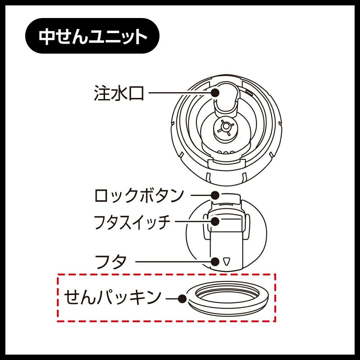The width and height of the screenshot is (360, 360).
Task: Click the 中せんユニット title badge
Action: pyautogui.click(x=92, y=36)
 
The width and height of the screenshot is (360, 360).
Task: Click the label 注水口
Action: pyautogui.click(x=119, y=93)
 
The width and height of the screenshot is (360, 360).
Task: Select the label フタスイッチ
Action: pyautogui.click(x=132, y=222)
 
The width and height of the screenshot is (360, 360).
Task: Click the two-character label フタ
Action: pyautogui.click(x=111, y=262)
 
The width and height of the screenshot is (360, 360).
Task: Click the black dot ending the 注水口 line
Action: pyautogui.click(x=215, y=93)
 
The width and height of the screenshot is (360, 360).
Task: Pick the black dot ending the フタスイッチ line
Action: pyautogui.click(x=215, y=221)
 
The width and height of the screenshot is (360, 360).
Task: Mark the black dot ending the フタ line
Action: pyautogui.click(x=215, y=261)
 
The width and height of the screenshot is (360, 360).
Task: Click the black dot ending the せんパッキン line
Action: pyautogui.click(x=182, y=298)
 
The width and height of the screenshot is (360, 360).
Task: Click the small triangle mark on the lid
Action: pyautogui.click(x=226, y=261)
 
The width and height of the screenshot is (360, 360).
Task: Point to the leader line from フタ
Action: pyautogui.click(x=173, y=262)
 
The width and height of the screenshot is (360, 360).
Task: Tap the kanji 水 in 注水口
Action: pyautogui.click(x=119, y=93)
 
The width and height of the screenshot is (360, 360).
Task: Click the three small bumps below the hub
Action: pyautogui.click(x=226, y=152)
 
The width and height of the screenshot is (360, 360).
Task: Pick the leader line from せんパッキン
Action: pyautogui.click(x=172, y=299)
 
